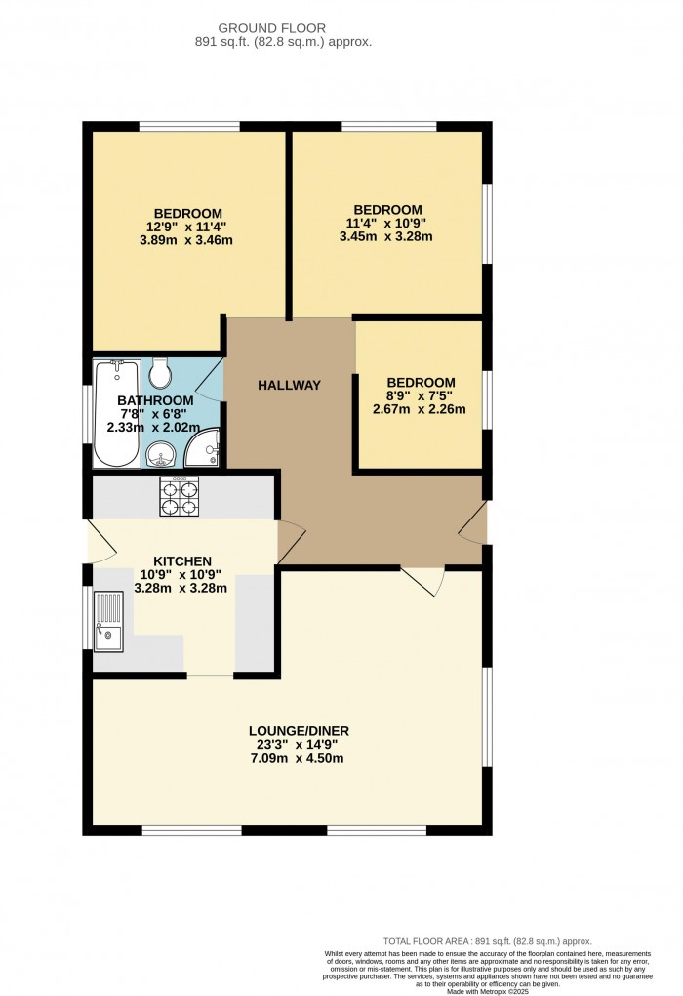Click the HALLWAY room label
pos(289,386)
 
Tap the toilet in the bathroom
pos(161,372)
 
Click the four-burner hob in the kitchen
pos(179,497)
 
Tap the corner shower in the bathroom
pos(203,447)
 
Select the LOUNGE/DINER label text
pos(299,731)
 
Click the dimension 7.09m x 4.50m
pos(299,759)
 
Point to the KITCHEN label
pos(181,561)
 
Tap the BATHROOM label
pos(155,400)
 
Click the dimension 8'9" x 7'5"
pos(421,395)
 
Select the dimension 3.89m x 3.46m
pos(187,240)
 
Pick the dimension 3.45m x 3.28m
pos(386,236)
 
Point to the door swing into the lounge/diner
pos(424,579)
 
